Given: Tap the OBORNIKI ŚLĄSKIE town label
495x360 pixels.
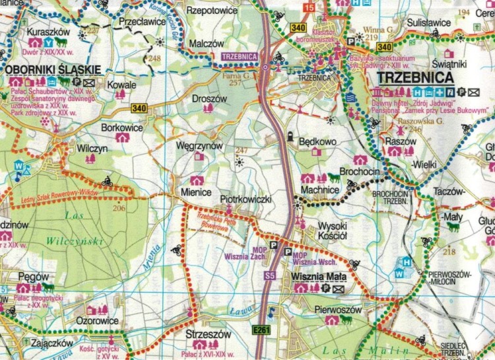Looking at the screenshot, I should tap(52, 69).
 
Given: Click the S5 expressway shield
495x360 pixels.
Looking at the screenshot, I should tap(269, 275).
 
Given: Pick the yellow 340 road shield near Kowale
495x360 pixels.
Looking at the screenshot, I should tap(139, 108).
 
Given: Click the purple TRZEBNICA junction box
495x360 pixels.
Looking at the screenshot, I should tap(238, 57).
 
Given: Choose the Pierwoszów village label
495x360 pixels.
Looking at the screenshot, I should tap(339, 309).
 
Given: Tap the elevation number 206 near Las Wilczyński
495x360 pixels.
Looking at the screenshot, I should tap(119, 209).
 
